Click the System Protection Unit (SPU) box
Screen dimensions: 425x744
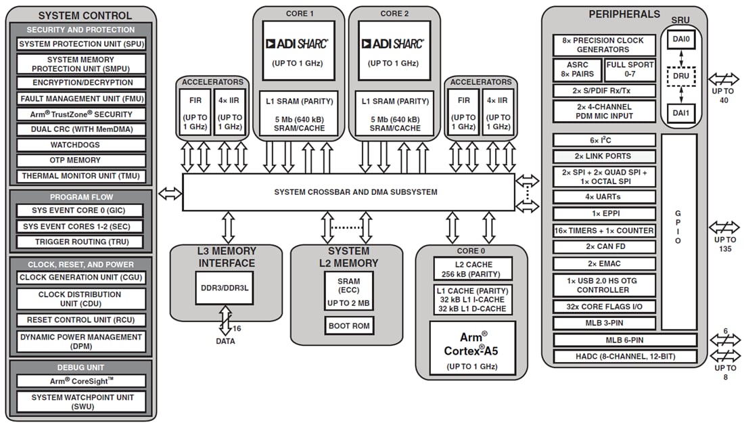(81, 44)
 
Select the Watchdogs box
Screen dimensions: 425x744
(81, 145)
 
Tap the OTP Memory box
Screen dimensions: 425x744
(81, 160)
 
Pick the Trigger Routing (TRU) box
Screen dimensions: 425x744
(81, 242)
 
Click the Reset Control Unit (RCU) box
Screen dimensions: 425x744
(81, 320)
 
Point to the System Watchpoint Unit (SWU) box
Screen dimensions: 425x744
(81, 402)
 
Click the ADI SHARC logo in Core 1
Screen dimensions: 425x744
(298, 44)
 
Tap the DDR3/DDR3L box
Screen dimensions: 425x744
(225, 288)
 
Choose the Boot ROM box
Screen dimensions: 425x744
(349, 326)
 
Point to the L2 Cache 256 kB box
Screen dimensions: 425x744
(473, 269)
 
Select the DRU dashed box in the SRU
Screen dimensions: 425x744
(680, 76)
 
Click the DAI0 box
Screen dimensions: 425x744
(680, 40)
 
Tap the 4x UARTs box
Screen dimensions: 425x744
(604, 197)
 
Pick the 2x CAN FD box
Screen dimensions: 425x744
(604, 247)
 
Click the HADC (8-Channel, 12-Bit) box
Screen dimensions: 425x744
(624, 357)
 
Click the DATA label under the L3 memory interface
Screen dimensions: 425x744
(225, 341)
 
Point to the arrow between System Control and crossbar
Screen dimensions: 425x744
(170, 194)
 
